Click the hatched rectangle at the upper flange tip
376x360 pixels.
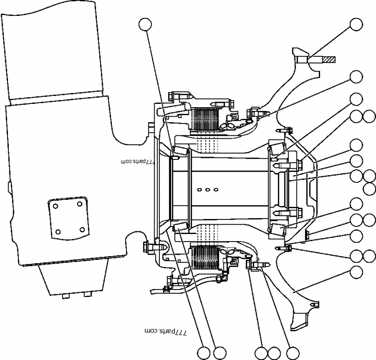pyautogui.click(x=328, y=60)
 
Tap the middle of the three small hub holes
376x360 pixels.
pyautogui.click(x=207, y=190)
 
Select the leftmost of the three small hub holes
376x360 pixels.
pyautogui.click(x=199, y=190)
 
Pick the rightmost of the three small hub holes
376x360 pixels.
pyautogui.click(x=216, y=190)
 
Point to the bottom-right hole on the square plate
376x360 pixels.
pyautogui.click(x=82, y=229)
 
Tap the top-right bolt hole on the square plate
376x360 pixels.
pyautogui.click(x=79, y=203)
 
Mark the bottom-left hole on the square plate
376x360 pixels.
pyautogui.click(x=58, y=232)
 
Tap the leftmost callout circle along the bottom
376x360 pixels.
pyautogui.click(x=204, y=352)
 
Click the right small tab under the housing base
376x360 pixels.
pyautogui.click(x=87, y=295)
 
